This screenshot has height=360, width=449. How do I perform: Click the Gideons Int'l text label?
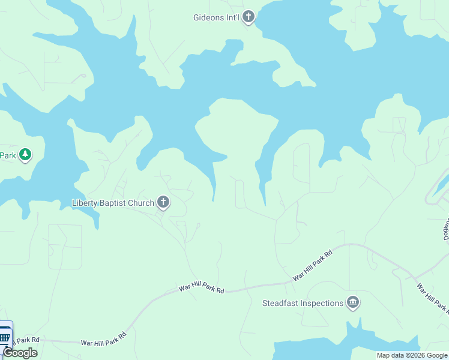click(216, 17)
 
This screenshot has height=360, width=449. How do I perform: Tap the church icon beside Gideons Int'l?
click(249, 17)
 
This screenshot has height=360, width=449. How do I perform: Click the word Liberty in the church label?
click(85, 203)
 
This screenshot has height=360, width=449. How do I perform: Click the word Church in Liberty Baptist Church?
click(141, 203)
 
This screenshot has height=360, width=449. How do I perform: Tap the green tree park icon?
click(25, 155)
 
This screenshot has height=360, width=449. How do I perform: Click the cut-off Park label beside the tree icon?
click(8, 155)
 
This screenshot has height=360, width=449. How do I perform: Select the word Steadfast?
click(280, 303)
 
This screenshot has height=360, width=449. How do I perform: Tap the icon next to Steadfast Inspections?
click(353, 303)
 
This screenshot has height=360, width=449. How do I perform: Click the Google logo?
click(20, 353)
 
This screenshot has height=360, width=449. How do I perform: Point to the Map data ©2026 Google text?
click(412, 355)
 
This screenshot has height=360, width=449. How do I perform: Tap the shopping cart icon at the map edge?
click(5, 336)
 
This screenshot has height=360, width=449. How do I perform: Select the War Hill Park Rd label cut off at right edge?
click(432, 298)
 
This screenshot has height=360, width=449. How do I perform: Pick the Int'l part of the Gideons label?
click(233, 17)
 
